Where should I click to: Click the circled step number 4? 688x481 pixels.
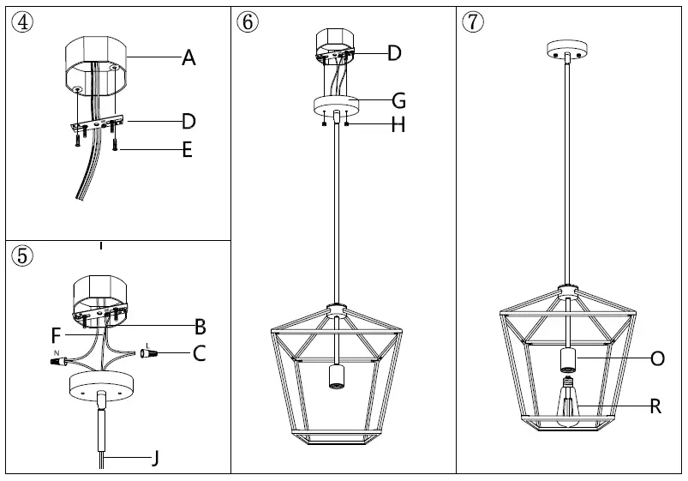click(21, 22)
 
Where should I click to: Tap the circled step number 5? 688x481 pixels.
click(21, 255)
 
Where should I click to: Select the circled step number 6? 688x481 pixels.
click(247, 22)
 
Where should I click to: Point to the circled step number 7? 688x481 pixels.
click(472, 22)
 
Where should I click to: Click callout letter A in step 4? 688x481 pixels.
click(188, 58)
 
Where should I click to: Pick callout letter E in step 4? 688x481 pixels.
click(187, 151)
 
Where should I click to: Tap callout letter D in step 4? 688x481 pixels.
click(188, 121)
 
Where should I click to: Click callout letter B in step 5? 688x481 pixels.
click(200, 326)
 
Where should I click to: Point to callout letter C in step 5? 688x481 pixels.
click(199, 353)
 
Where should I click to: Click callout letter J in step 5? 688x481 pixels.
click(155, 459)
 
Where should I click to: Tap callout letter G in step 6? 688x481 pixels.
click(398, 101)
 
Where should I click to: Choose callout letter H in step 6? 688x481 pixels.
click(398, 126)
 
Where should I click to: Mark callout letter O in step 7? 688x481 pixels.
click(657, 358)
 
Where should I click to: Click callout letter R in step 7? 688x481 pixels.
click(655, 406)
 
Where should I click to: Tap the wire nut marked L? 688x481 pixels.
click(149, 352)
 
